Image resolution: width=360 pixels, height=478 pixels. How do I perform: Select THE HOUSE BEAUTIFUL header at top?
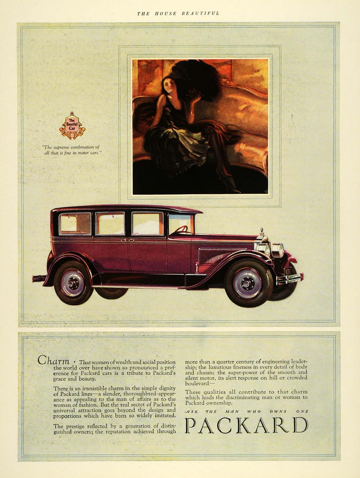tap(178, 13)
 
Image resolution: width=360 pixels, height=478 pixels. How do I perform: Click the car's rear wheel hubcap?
tap(73, 283)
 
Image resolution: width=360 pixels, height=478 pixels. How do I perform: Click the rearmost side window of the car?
tap(75, 224)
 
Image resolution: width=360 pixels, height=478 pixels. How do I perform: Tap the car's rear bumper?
tap(37, 278)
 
